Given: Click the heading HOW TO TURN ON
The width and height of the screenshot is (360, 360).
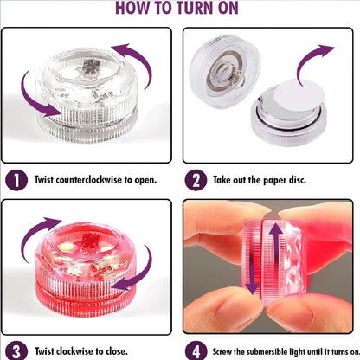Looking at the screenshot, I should pyautogui.click(x=179, y=10).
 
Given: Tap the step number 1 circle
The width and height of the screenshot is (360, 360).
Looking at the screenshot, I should pyautogui.click(x=16, y=180).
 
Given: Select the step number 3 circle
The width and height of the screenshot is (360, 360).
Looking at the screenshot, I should pyautogui.click(x=16, y=351).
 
